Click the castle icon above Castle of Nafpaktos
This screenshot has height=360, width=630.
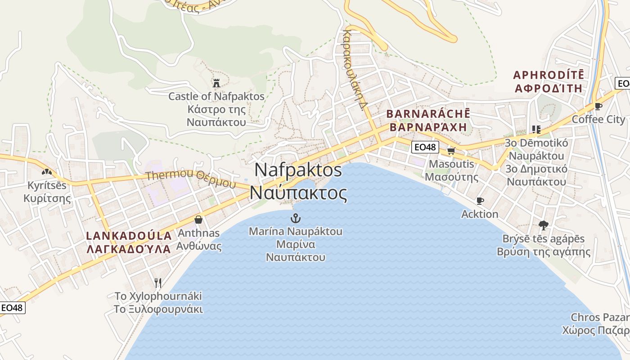[216, 83]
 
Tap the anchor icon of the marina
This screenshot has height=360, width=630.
[296, 219]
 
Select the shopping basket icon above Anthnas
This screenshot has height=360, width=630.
[198, 220]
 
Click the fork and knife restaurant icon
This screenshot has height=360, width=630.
[157, 283]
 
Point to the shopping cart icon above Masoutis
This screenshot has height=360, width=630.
[451, 151]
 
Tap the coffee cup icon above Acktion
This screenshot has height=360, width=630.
[480, 201]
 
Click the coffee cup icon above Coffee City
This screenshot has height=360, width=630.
[598, 106]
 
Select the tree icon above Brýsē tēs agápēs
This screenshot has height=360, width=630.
[543, 225]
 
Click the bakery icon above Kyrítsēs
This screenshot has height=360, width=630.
[46, 171]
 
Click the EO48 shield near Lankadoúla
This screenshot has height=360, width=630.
[12, 308]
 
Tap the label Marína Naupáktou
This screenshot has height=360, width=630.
[296, 232]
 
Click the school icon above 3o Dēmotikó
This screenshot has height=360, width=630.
[535, 130]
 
